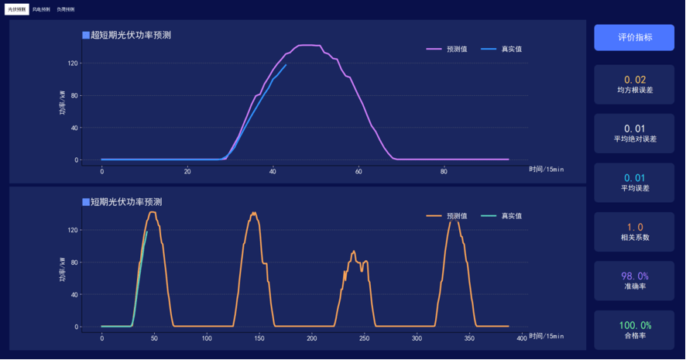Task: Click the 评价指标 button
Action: (634, 37)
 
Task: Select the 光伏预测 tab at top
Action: (16, 9)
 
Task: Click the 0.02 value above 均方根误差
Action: (635, 80)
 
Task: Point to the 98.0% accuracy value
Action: (635, 276)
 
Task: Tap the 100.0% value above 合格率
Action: (635, 325)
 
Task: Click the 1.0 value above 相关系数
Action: (635, 227)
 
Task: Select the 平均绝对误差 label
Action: (635, 139)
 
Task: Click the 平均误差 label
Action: (635, 188)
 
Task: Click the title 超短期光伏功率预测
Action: (130, 35)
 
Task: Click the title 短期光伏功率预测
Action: (125, 202)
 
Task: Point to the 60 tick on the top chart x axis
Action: (358, 171)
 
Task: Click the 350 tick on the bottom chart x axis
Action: (469, 338)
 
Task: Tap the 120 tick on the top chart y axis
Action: (74, 63)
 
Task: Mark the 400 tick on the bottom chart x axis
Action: (521, 338)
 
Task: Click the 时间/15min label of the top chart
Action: (547, 169)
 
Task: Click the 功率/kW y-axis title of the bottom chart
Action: (63, 270)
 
